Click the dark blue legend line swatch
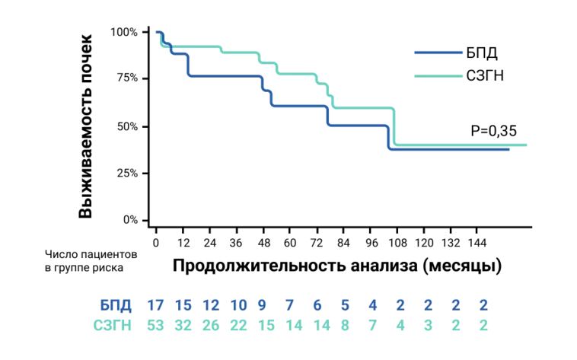438,53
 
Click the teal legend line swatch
438,76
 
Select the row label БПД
116,306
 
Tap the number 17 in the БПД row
155,306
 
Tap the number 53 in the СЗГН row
155,325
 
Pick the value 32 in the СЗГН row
183,325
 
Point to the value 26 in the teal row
211,325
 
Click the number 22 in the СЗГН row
238,325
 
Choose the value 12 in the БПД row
211,306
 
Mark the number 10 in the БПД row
238,306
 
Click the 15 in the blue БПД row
183,306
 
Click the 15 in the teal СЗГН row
266,325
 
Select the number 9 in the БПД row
262,306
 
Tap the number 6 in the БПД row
317,306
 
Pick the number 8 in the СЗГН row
345,325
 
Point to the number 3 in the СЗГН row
428,325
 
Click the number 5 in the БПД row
345,306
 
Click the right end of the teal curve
526,145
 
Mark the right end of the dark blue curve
508,150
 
